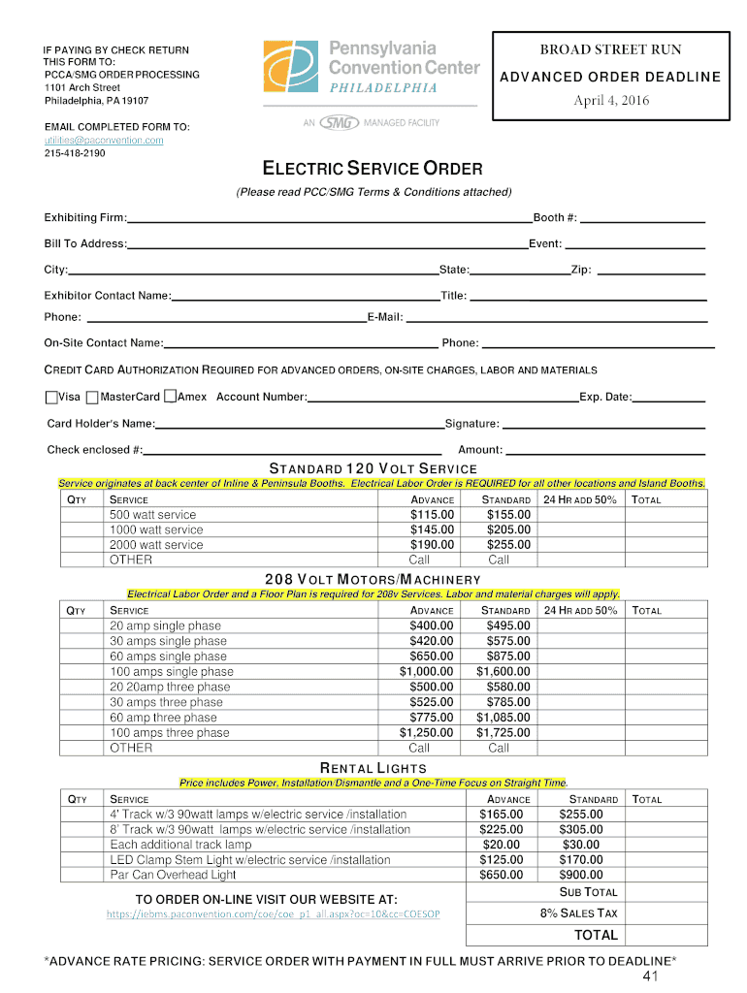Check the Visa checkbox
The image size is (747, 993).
click(51, 397)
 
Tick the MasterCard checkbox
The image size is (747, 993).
click(92, 397)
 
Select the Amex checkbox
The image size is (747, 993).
click(170, 397)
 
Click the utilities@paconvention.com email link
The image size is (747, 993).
click(104, 141)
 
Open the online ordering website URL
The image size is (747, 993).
click(273, 914)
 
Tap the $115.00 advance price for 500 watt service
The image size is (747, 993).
click(432, 515)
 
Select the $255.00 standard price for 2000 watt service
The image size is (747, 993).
click(508, 545)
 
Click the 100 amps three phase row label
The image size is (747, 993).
click(170, 733)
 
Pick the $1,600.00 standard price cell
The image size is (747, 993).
click(503, 672)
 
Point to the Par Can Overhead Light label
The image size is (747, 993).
click(173, 875)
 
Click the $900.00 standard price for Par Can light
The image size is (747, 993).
click(581, 875)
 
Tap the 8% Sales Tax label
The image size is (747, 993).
click(578, 913)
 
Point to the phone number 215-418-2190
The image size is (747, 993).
click(75, 153)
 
